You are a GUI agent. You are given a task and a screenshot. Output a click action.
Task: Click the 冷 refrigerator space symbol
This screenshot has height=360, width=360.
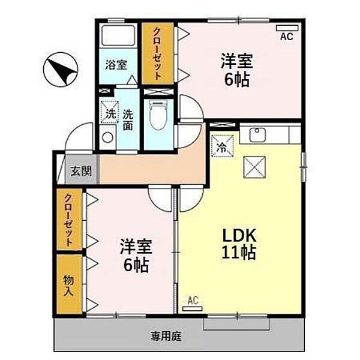coord(222,146)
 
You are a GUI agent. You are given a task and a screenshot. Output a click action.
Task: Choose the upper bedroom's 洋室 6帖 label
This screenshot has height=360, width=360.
coord(235,70)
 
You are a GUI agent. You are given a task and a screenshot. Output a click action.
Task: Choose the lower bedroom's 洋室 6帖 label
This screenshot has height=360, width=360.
coord(136,255)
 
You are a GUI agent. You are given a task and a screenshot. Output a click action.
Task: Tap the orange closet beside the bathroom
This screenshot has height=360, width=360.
coord(157,54)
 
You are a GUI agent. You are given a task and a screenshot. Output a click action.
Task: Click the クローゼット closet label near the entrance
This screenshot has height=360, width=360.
coord(69,220)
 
